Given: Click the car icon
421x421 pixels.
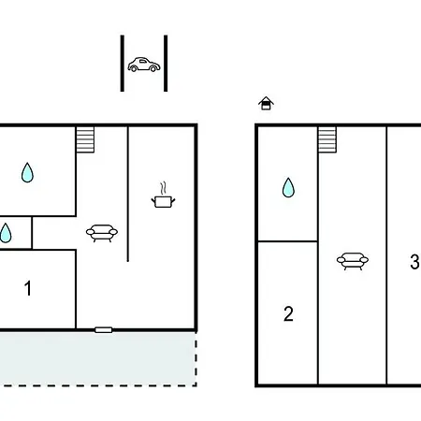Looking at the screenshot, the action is coord(144,65).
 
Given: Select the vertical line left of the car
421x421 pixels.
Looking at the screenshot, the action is coord(123,64).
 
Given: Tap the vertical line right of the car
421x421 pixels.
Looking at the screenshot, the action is coord(166,64).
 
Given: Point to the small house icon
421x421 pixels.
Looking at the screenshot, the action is coord(266,103).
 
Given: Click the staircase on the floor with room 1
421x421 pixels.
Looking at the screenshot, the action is coord(85,139).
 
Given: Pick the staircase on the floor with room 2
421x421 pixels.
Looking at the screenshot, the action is coord(327,139).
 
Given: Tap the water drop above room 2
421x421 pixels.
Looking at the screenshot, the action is coord(288,187).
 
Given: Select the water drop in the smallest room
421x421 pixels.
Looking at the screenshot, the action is coord(6,233).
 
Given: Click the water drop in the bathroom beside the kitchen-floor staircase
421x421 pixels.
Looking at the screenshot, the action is coord(27,172).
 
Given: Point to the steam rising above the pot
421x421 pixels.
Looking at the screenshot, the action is coord(163,188).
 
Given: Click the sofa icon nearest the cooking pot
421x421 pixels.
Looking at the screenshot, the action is coord(102,233).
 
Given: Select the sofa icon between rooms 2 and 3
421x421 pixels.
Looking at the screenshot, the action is coord(353,261).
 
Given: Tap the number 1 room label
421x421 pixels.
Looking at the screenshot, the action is coord(28,288).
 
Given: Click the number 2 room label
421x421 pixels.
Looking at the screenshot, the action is coord(288,313).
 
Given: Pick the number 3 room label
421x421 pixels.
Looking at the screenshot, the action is coord(414,262).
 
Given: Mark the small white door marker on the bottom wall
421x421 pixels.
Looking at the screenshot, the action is coord(104,330).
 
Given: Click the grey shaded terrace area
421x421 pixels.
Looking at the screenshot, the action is coord(98,358).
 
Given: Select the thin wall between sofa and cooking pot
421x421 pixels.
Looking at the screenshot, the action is coord(128,194).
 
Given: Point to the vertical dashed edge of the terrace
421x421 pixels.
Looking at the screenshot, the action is coord(196,358).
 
